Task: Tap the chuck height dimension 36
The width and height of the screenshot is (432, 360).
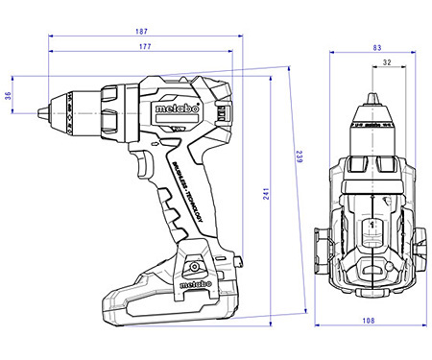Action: pyautogui.click(x=9, y=95)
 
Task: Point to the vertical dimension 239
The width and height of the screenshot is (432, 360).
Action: pyautogui.click(x=300, y=159)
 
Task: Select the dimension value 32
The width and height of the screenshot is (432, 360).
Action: pyautogui.click(x=386, y=63)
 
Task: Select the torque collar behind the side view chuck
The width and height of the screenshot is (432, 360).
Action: pyautogui.click(x=109, y=109)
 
